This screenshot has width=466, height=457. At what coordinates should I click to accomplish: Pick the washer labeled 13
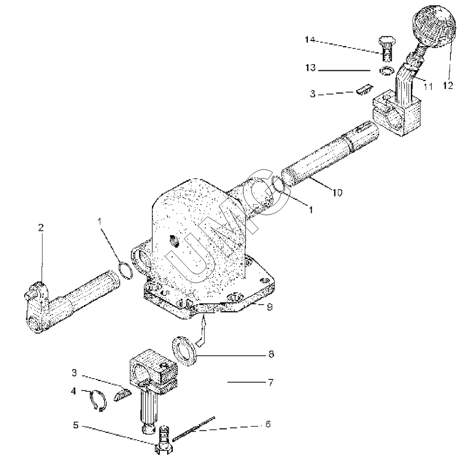(x=386, y=71)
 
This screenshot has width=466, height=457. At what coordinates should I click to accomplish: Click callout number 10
(x=337, y=192)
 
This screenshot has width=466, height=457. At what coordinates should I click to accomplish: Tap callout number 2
(x=41, y=227)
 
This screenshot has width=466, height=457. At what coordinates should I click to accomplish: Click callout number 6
(x=268, y=424)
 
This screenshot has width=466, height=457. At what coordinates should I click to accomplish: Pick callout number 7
(x=270, y=383)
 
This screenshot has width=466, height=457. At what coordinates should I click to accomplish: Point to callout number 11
(x=428, y=86)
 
